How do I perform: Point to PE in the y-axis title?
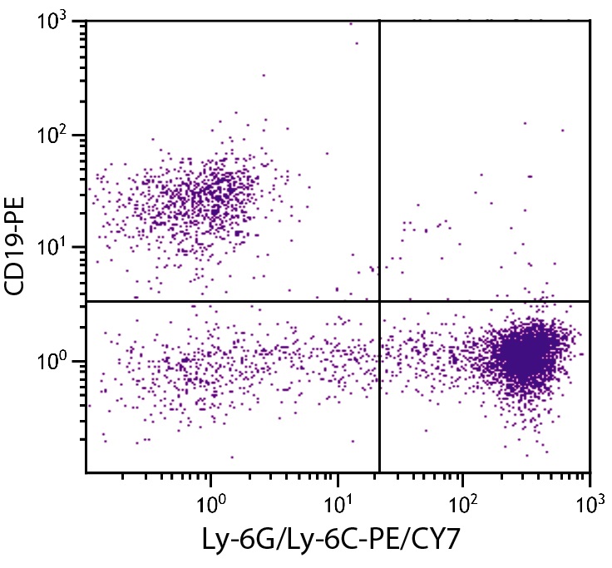(17, 209)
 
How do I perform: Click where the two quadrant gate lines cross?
(379, 301)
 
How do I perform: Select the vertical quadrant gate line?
(379, 166)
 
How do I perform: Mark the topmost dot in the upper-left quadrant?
(350, 23)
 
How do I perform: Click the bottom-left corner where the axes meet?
(86, 472)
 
